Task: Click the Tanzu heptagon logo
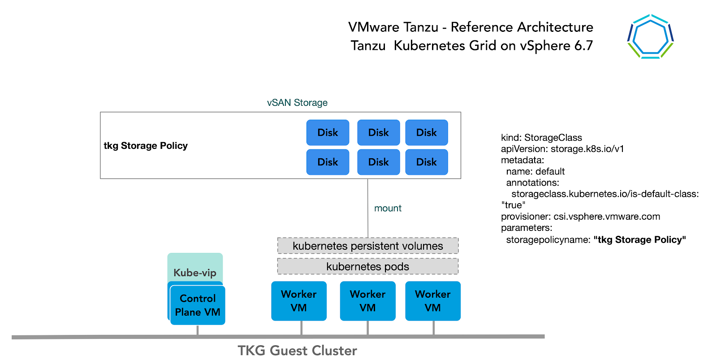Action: [650, 37]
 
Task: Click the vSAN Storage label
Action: [297, 103]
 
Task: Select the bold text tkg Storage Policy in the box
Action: [146, 146]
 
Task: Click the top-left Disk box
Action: [328, 133]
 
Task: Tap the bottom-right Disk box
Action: [426, 162]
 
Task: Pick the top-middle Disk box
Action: [378, 133]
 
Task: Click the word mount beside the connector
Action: [388, 208]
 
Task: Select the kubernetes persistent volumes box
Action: [367, 246]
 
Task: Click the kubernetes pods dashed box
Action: [367, 266]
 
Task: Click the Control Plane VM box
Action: [198, 305]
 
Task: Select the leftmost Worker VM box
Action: [298, 301]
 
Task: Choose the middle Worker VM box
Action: [367, 301]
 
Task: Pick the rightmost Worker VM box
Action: [432, 301]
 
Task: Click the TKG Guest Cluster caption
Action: [297, 351]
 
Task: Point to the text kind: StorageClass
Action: [541, 138]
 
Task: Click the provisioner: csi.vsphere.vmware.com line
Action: [580, 217]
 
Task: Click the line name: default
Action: [535, 171]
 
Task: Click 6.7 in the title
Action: [583, 46]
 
